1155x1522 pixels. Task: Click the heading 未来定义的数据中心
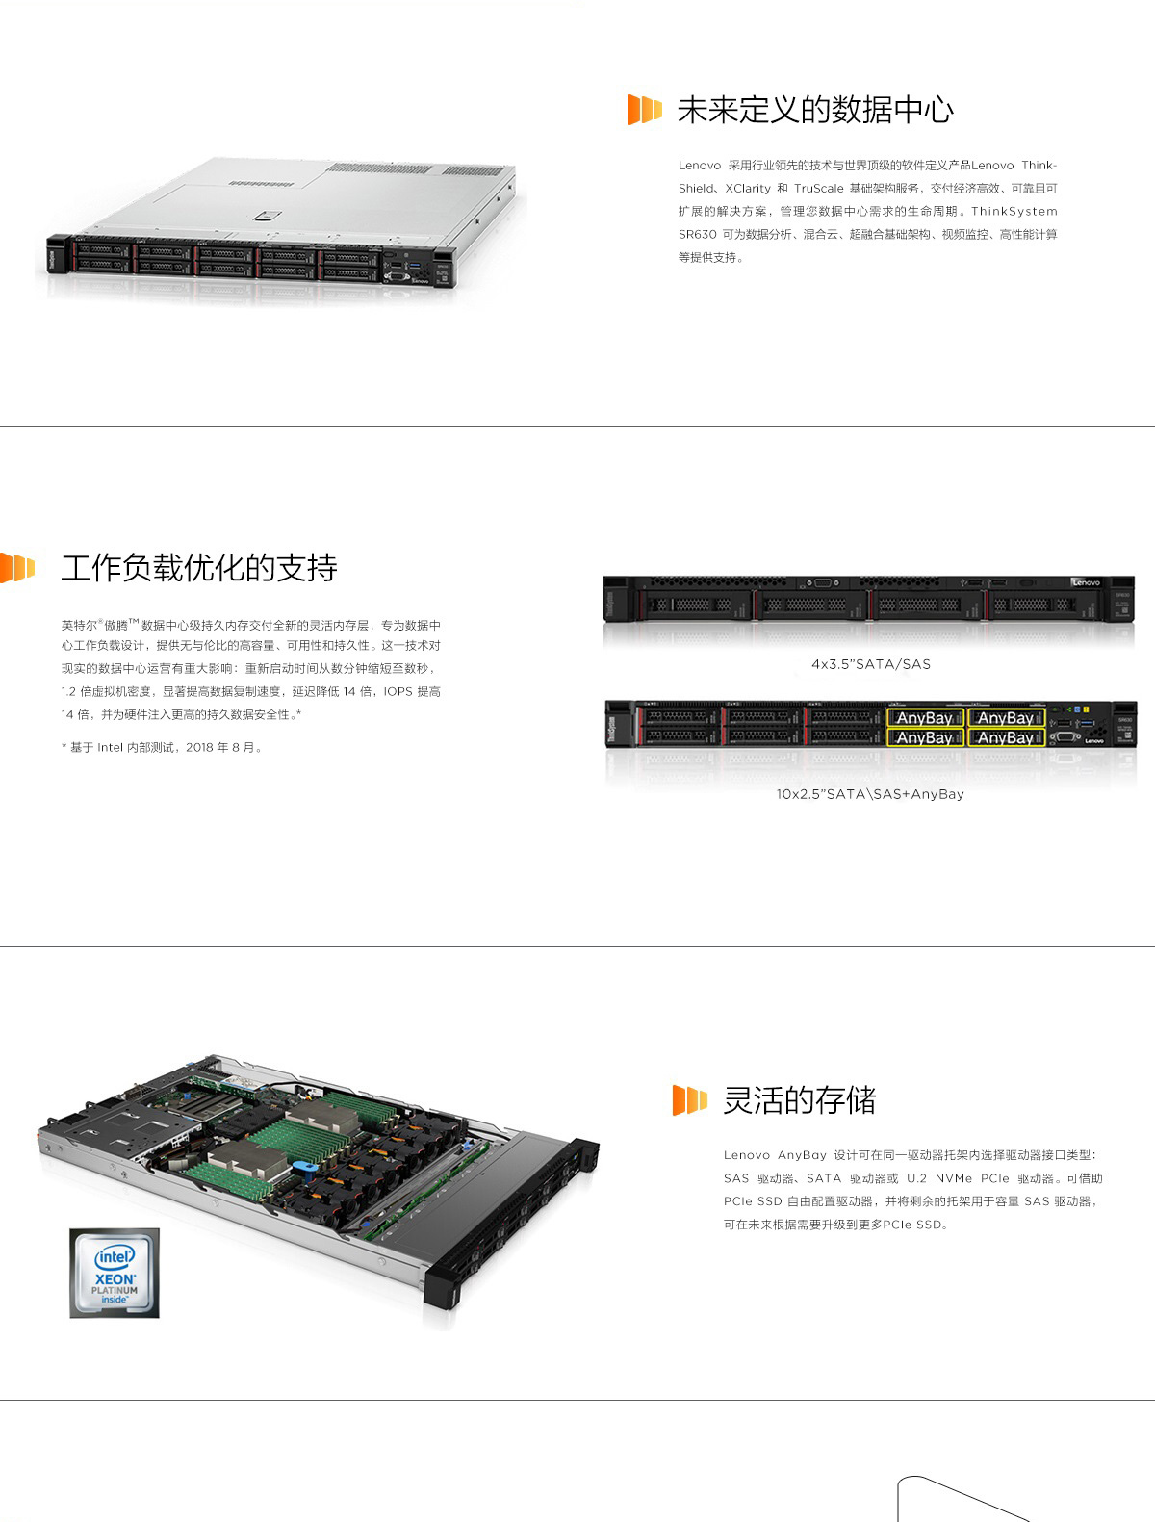tap(814, 111)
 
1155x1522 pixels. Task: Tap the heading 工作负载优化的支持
tap(199, 568)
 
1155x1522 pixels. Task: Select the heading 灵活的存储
tap(799, 1100)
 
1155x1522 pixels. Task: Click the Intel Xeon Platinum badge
tap(115, 1273)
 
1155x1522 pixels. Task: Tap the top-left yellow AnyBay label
tap(925, 717)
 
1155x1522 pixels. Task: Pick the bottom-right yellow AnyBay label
tap(1006, 737)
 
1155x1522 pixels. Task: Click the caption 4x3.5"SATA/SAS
tap(871, 664)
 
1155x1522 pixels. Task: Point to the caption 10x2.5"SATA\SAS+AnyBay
tap(870, 794)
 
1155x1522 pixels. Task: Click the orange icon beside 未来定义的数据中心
tap(644, 110)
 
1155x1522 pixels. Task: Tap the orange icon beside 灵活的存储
tap(690, 1099)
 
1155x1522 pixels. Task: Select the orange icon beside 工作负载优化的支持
tap(17, 567)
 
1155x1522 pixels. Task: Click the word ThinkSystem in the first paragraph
tap(1014, 212)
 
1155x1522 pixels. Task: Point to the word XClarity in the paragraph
tap(747, 189)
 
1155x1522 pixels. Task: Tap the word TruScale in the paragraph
tap(818, 189)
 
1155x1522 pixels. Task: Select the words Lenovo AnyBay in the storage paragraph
tap(775, 1155)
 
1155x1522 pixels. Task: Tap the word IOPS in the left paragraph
tap(398, 692)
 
